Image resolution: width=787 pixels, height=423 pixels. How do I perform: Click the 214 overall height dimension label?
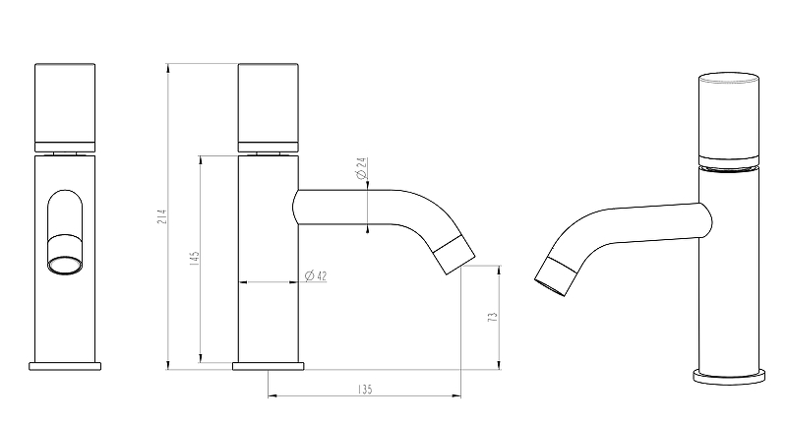(162, 216)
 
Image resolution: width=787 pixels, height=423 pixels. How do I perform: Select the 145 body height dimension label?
(195, 259)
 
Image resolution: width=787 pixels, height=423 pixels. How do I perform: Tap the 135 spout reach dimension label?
(365, 389)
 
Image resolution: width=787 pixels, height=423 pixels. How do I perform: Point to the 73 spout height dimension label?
(493, 317)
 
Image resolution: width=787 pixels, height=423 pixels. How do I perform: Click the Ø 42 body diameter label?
(316, 275)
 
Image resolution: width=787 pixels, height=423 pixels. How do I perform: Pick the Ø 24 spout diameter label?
(361, 168)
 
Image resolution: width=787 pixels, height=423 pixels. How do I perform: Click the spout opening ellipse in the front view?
(64, 266)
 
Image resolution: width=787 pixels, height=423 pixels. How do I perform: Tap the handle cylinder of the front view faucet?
(65, 103)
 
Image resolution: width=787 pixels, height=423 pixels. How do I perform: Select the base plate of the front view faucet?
(65, 366)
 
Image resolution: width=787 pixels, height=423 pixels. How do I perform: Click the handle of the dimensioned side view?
(268, 103)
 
